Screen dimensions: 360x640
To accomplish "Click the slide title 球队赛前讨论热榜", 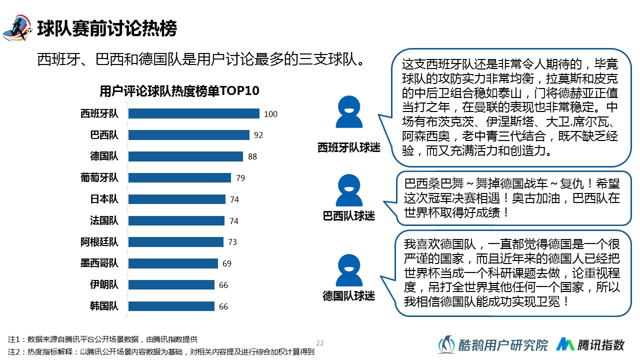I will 107,29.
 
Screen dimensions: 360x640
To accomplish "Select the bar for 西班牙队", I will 194,113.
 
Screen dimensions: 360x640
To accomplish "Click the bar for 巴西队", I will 189,135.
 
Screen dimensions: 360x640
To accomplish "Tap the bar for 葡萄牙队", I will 180,177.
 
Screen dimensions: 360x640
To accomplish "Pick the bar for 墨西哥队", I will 173,263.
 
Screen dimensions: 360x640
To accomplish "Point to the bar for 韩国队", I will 171,306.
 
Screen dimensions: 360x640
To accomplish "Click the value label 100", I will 270,114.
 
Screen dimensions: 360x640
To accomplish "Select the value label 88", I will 252,156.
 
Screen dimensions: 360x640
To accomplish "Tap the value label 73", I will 232,242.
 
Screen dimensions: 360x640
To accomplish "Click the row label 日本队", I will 104,199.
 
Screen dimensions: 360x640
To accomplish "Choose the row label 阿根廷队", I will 99,242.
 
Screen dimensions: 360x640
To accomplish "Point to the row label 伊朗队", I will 104,284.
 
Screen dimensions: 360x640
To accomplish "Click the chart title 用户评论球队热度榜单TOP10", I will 179,91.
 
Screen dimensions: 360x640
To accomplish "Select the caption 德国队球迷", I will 348,296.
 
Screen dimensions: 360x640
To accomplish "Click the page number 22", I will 320,343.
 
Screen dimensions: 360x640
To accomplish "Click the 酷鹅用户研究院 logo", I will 493,344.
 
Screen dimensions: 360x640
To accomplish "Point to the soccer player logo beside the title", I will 18,29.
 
